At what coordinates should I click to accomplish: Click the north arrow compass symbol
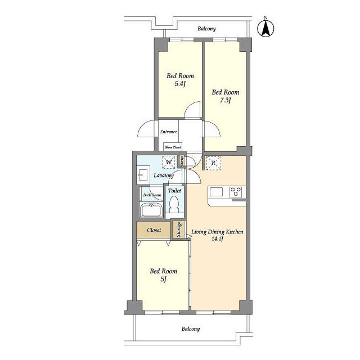(x=266, y=28)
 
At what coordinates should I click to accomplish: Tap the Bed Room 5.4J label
(x=180, y=80)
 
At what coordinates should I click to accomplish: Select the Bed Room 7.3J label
(x=225, y=96)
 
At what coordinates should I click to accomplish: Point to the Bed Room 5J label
(x=163, y=275)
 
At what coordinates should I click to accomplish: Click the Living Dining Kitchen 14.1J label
(x=217, y=235)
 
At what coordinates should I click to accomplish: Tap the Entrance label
(x=169, y=132)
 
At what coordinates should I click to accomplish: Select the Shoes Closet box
(x=173, y=147)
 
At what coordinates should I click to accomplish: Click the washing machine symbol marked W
(x=169, y=162)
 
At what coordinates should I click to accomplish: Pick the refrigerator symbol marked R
(x=213, y=163)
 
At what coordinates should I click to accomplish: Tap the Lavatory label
(x=164, y=176)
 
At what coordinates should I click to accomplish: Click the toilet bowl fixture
(x=174, y=204)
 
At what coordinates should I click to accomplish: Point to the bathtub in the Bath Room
(x=152, y=210)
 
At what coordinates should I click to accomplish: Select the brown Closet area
(x=154, y=230)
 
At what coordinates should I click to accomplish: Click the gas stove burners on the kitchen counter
(x=236, y=192)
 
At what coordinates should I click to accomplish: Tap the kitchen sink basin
(x=216, y=192)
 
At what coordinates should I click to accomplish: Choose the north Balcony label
(x=207, y=29)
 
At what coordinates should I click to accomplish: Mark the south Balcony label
(x=191, y=329)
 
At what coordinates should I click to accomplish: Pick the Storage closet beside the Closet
(x=179, y=229)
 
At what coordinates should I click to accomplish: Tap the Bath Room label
(x=152, y=195)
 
